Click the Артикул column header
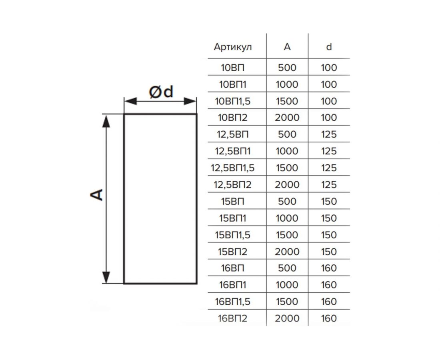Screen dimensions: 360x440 [x=233, y=47]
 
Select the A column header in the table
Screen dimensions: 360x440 [x=287, y=47]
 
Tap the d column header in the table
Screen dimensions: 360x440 [x=329, y=47]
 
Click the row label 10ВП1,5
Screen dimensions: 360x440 [x=233, y=101]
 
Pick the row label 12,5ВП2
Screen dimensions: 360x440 [x=233, y=185]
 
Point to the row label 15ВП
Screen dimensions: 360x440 [x=233, y=201]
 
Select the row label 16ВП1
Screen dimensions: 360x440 [x=233, y=285]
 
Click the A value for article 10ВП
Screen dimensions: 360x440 [x=287, y=68]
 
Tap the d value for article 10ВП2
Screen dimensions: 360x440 [x=329, y=118]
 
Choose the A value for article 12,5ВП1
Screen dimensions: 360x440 [x=287, y=151]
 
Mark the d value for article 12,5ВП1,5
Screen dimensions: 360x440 [x=329, y=168]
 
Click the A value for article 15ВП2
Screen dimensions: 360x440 [x=287, y=252]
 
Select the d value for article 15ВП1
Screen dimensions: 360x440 [x=329, y=218]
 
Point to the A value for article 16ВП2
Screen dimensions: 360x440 [x=287, y=318]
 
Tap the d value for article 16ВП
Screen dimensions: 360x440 [x=329, y=268]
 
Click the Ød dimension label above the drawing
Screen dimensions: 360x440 [x=161, y=92]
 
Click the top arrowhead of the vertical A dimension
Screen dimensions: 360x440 [x=106, y=120]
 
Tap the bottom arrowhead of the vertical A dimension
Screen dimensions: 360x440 [x=106, y=277]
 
